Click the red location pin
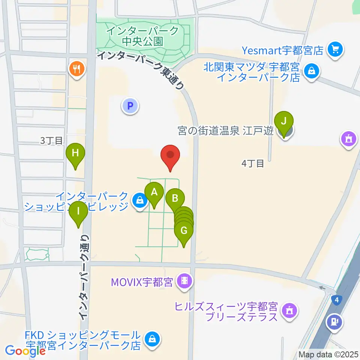click(171, 155)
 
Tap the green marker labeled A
click(154, 193)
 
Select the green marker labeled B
click(175, 198)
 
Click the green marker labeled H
click(75, 153)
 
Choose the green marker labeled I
click(78, 211)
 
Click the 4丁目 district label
click(253, 163)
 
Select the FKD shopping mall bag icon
click(152, 339)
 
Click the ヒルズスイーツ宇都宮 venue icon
click(289, 310)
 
